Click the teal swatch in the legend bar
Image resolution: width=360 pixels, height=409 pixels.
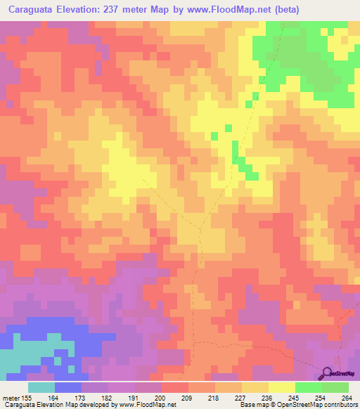coord(41,387)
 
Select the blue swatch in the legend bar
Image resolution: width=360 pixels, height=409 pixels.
coord(68,387)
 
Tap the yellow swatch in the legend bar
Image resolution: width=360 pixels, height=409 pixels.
coord(282,387)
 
